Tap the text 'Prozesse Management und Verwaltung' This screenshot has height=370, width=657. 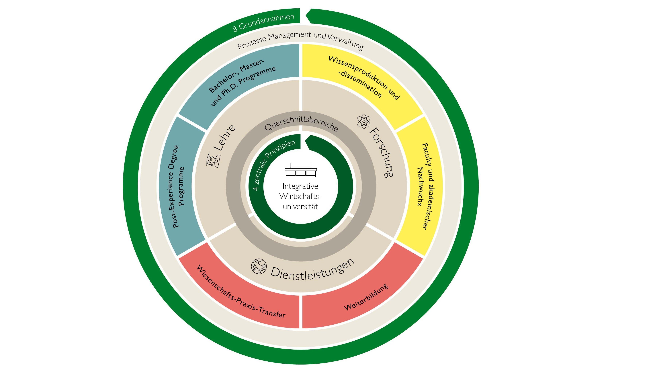click(x=300, y=41)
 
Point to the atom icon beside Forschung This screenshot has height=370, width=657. click(x=364, y=121)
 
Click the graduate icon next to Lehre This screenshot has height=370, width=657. click(x=213, y=160)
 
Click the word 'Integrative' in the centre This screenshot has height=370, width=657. click(x=300, y=186)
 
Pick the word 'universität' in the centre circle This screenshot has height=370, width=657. click(x=300, y=207)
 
